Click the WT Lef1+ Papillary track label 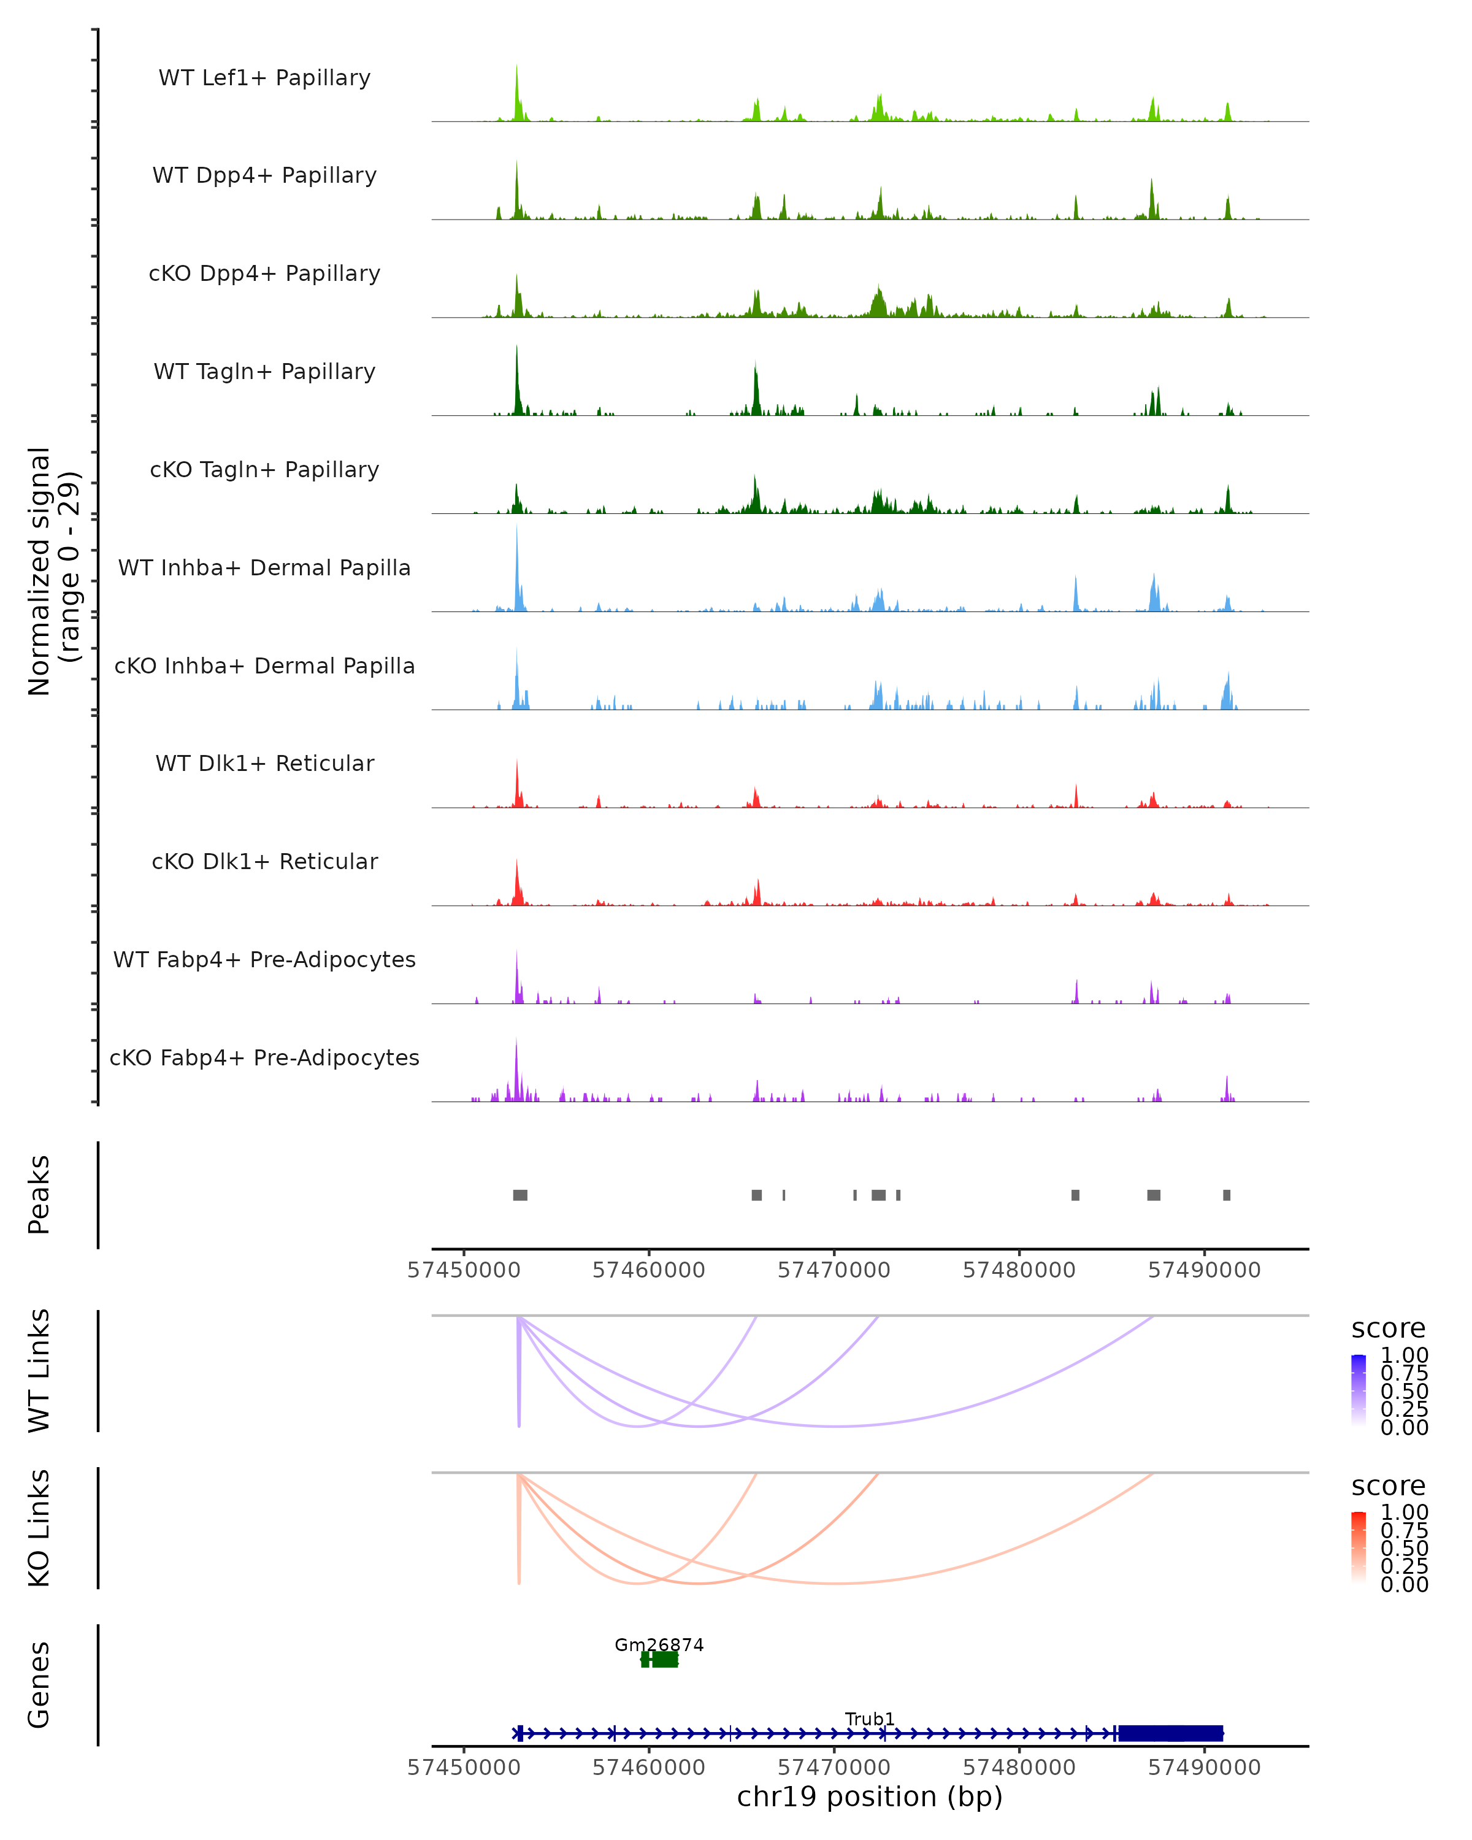[264, 78]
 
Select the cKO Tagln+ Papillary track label [264, 469]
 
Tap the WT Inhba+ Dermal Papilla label [264, 567]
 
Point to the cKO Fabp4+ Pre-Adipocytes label [264, 1057]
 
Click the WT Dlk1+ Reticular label [264, 763]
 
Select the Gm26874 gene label [659, 1644]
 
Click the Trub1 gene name [870, 1719]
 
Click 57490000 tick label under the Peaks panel [1204, 1271]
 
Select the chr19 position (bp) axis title [870, 1797]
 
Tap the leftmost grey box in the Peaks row [519, 1195]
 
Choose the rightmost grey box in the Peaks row [1226, 1195]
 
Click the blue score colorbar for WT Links [1359, 1390]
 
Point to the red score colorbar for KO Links [1359, 1547]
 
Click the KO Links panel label [39, 1528]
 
